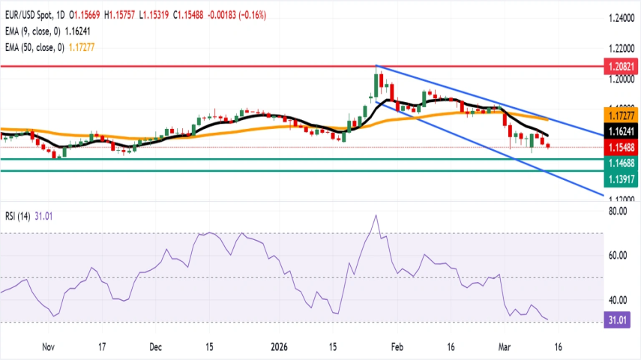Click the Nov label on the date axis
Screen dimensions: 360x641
coord(49,347)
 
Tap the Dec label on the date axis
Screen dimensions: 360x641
coord(155,347)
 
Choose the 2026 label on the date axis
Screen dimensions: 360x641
coord(279,347)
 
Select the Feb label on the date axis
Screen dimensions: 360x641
coord(397,347)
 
